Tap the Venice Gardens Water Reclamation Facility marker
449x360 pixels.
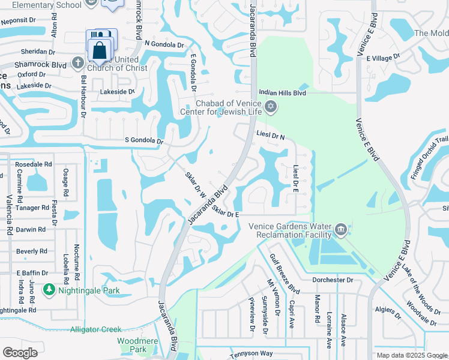[341, 228]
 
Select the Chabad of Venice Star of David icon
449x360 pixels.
[271, 107]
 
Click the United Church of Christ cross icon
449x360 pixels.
[77, 62]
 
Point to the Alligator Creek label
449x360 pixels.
[96, 329]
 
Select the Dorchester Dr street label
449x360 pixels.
[332, 280]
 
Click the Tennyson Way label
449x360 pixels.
[252, 355]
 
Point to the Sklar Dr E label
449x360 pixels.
[226, 214]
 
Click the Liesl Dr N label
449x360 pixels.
[270, 136]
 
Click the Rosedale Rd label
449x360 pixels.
[34, 164]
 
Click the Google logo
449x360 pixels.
[20, 352]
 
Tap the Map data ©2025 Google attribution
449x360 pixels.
[411, 355]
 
